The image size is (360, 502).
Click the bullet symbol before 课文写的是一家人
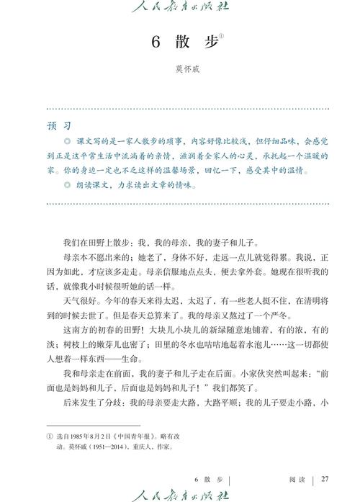[67, 140]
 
